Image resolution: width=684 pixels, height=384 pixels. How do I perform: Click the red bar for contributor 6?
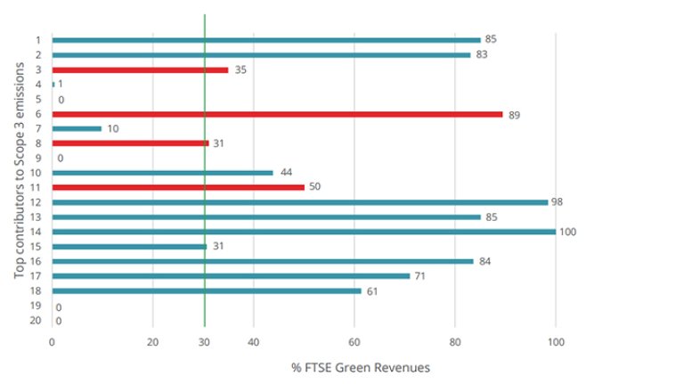click(277, 114)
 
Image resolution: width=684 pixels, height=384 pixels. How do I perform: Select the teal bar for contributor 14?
click(304, 232)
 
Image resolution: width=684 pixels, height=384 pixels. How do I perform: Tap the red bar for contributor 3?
click(140, 69)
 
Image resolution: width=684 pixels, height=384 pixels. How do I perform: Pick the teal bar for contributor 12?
click(299, 202)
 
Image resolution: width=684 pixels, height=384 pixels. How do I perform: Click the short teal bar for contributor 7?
click(77, 128)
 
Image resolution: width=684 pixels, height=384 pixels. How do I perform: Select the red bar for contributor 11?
click(178, 187)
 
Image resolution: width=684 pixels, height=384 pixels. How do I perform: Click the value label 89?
click(514, 114)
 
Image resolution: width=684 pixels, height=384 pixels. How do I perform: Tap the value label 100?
click(568, 232)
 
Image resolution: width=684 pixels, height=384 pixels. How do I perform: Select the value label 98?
click(558, 202)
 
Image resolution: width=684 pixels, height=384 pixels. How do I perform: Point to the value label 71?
click(420, 276)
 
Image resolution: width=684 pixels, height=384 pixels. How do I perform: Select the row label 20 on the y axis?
click(37, 320)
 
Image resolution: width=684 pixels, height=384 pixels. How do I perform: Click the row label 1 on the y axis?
click(38, 40)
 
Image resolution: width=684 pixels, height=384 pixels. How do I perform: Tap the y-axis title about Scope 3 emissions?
click(19, 179)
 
